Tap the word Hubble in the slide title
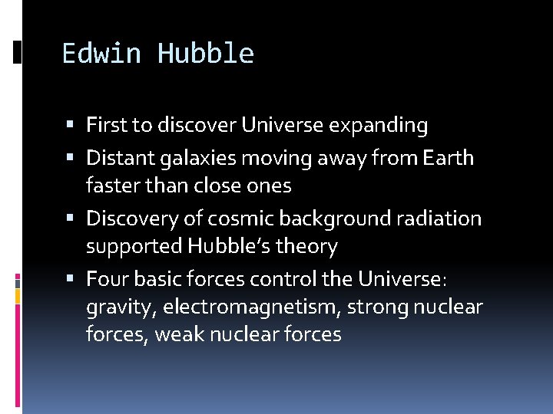tap(205, 54)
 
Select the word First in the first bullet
tap(108, 125)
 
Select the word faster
tap(111, 186)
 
